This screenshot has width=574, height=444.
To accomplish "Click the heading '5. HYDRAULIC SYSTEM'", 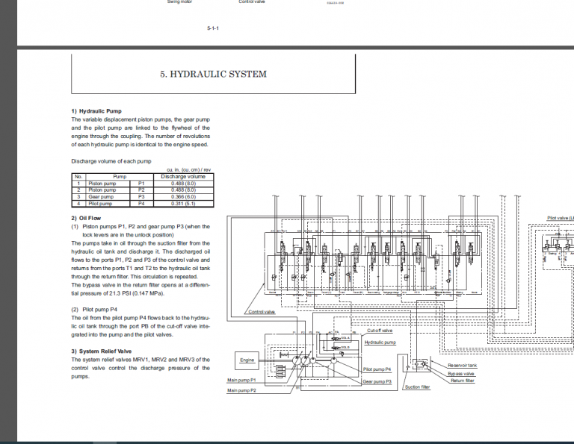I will point(213,74).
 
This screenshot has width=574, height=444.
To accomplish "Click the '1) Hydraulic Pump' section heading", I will point(94,111).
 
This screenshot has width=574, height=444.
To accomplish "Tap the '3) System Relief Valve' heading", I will point(101,351).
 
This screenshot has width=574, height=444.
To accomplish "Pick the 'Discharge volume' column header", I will point(183,176).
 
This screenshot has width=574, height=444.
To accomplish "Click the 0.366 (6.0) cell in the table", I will point(183,196).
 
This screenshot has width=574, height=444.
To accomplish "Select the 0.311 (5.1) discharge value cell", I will point(183,203).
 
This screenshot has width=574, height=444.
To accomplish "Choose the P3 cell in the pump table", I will point(141,196).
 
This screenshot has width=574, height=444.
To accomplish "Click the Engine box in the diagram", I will point(247,360).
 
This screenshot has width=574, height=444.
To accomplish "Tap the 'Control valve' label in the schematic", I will point(262,312).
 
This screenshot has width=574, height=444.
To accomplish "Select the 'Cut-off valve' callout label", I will point(377,331).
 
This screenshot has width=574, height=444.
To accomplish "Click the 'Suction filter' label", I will point(417,387).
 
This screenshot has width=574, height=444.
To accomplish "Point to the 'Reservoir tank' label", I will point(463,365).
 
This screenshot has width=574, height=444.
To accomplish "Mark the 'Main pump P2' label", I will point(242,390).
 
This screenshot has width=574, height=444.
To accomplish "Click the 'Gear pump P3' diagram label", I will point(377,381).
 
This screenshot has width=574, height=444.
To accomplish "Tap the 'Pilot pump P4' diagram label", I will point(377,369).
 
